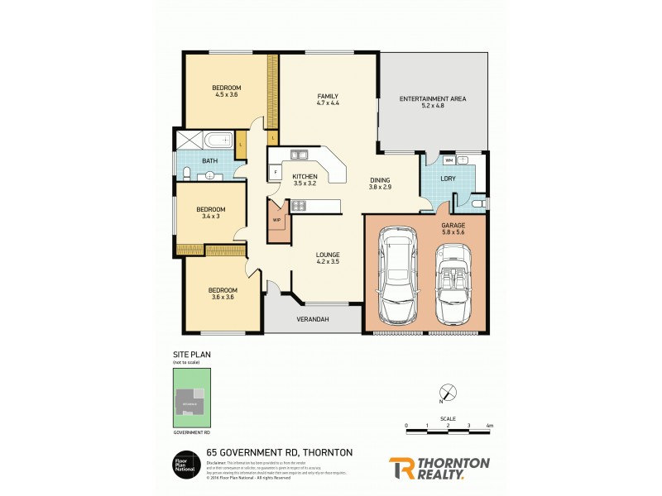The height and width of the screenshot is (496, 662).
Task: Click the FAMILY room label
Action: point(328,97)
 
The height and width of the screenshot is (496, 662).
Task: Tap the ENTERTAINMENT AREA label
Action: point(433,98)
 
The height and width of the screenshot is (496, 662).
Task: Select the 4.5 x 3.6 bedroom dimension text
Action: point(226,95)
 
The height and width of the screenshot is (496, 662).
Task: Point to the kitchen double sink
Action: point(298,153)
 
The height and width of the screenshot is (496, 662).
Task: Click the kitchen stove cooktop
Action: point(299,205)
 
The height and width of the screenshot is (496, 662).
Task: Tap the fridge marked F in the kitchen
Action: point(274,172)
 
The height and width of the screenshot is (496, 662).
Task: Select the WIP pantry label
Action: point(276,221)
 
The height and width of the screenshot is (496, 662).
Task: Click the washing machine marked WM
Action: point(449,160)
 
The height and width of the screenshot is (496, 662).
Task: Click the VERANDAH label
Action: point(313,319)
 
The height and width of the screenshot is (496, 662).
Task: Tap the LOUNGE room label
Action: point(328,254)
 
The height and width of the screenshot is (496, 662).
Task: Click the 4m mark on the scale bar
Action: point(490,426)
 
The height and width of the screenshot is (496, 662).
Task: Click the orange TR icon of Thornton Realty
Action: point(401,468)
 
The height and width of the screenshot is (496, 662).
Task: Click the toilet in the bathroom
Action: point(189,172)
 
